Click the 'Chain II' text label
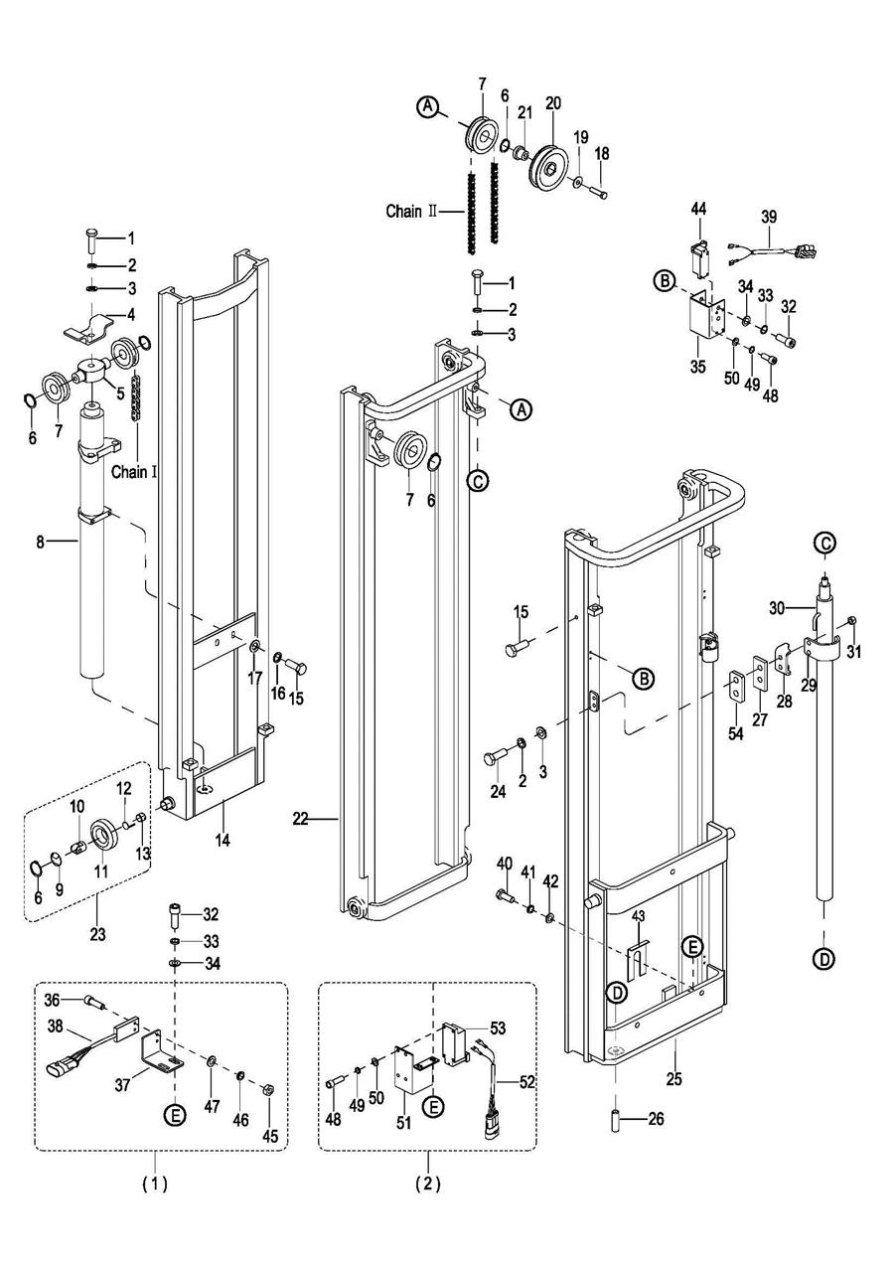(411, 211)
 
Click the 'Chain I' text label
(134, 472)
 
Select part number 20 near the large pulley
(553, 102)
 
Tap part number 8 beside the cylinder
(42, 542)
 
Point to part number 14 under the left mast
(223, 841)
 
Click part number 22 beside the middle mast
(301, 819)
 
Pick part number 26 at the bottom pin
(655, 1119)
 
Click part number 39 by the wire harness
(769, 217)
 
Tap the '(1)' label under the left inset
(154, 1184)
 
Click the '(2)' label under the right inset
(428, 1184)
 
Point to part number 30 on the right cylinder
(778, 605)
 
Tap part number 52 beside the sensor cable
(526, 1082)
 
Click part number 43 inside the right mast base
(639, 915)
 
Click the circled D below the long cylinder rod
(824, 959)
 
